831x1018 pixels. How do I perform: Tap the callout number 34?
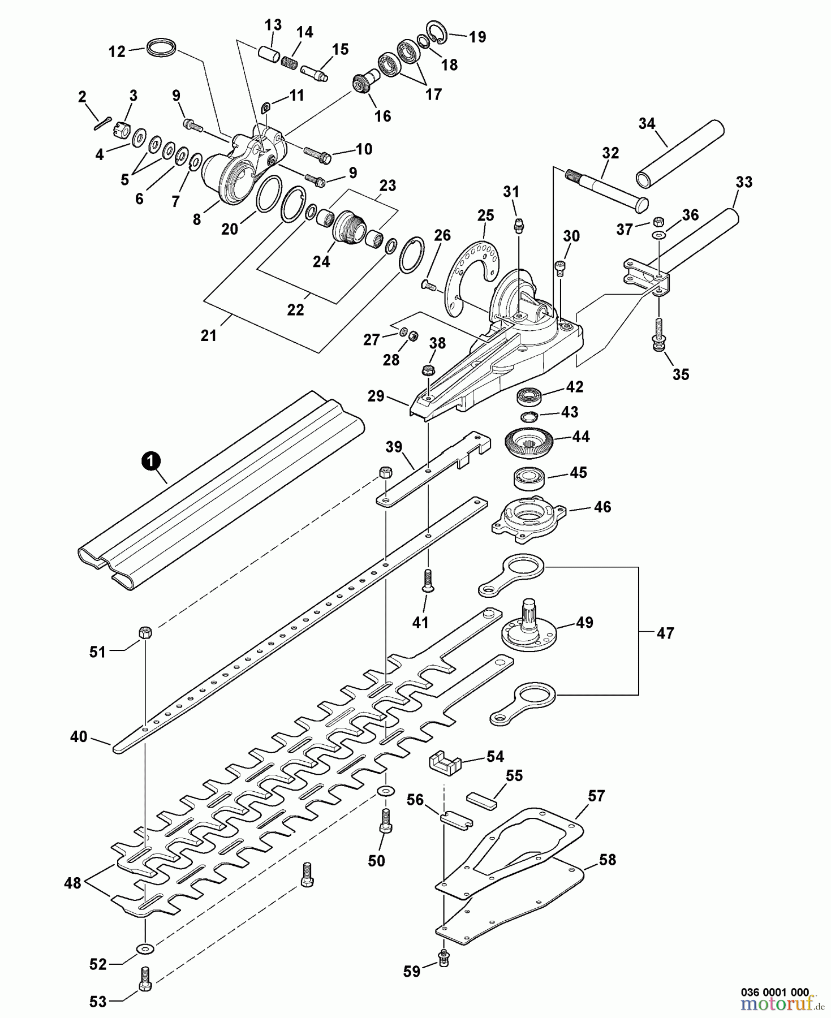tap(647, 123)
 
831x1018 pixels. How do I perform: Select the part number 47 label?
tap(665, 633)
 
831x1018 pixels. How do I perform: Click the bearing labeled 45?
tap(529, 478)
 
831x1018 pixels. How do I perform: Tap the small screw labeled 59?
tap(444, 956)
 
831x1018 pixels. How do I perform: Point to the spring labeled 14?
tap(290, 60)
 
